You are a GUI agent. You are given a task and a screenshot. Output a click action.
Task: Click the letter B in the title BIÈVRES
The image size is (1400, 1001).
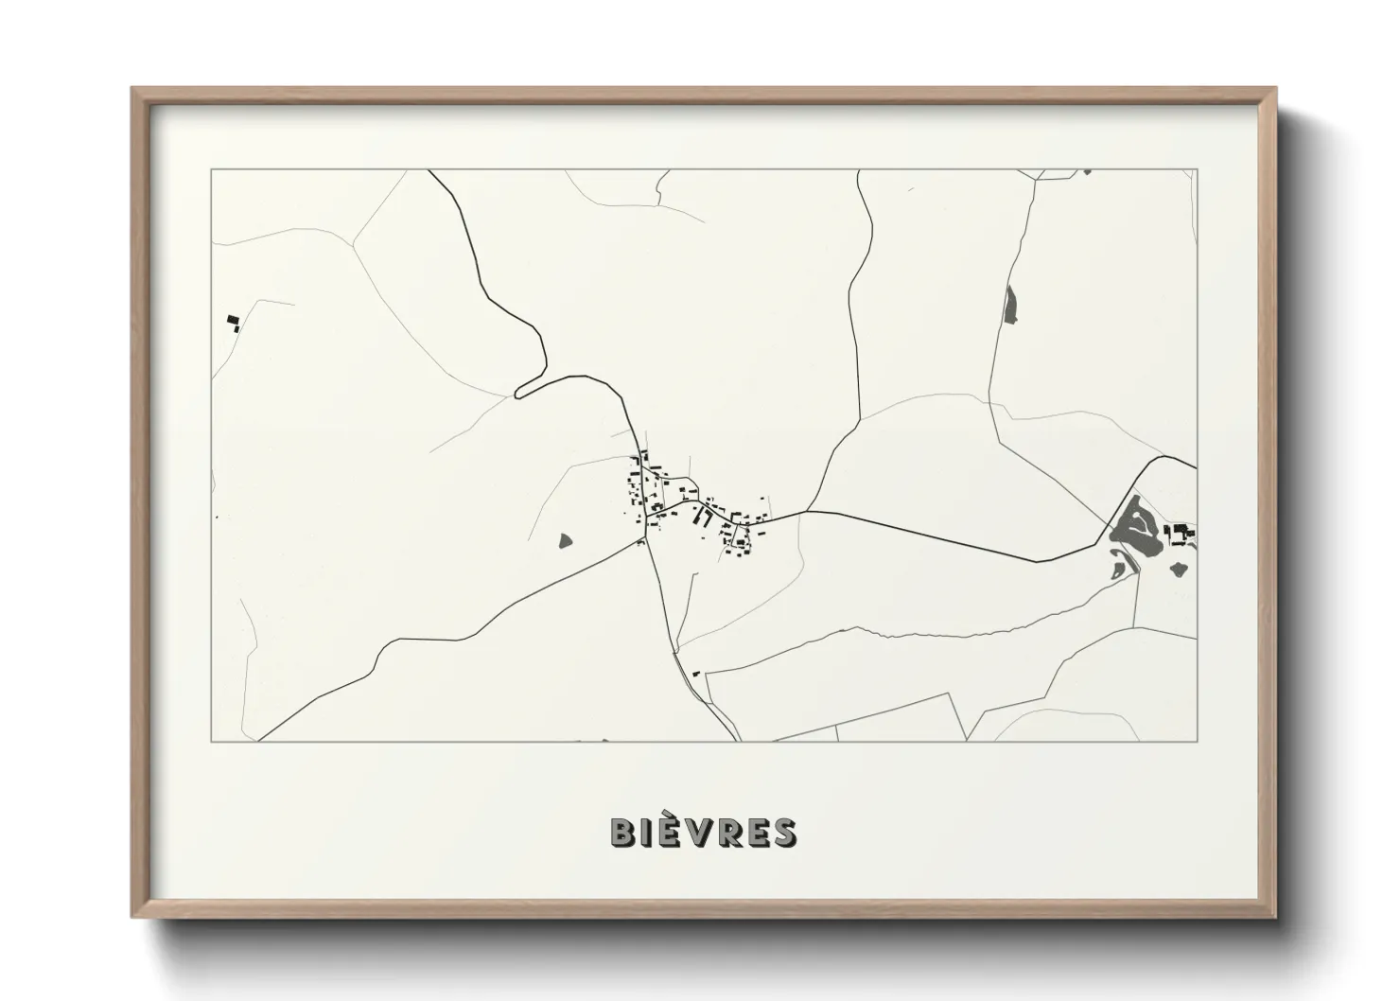click(623, 832)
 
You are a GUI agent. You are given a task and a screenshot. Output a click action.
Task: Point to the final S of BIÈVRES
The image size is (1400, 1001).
click(783, 832)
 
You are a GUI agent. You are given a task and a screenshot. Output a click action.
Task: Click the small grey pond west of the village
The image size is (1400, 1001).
click(566, 540)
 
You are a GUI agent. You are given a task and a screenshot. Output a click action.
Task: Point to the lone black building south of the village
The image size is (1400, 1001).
click(696, 673)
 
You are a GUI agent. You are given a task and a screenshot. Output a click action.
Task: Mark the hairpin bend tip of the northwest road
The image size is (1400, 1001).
click(517, 392)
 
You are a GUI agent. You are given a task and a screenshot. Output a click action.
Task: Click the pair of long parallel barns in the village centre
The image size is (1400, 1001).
click(703, 517)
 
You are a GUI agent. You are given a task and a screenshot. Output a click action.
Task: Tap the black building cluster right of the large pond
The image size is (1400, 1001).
click(1181, 535)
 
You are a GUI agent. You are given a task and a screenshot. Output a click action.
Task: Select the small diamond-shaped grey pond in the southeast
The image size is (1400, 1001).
click(1179, 569)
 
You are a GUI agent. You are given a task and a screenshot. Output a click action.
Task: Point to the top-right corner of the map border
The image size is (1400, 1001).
click(1197, 170)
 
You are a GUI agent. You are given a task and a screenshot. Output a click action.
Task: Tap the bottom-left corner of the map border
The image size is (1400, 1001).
click(212, 741)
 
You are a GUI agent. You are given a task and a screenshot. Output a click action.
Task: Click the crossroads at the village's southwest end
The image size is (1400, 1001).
click(646, 540)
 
